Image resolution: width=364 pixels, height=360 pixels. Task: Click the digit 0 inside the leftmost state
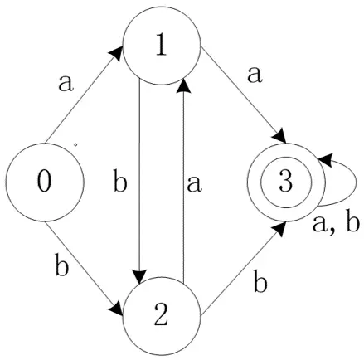(44, 182)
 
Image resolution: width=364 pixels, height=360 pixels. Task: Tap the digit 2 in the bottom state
(161, 316)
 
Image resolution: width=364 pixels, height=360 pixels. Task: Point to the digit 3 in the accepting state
(286, 182)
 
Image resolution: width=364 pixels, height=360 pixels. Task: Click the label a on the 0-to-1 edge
(66, 84)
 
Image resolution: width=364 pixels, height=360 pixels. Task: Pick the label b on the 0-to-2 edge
(61, 265)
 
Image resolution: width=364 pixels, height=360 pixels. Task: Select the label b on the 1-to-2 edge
(120, 182)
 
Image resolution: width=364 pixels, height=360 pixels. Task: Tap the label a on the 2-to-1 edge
(194, 184)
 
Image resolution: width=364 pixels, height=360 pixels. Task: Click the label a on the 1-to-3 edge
(255, 75)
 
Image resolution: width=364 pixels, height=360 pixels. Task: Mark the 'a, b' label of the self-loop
(336, 223)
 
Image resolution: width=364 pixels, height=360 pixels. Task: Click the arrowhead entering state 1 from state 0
(116, 53)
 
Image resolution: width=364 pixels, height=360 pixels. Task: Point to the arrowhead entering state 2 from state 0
(116, 309)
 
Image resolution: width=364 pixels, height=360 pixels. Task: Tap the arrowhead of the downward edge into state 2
(139, 277)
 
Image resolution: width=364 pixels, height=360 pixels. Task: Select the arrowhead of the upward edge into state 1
(183, 85)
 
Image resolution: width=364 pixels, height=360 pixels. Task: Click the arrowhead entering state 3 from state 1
(279, 136)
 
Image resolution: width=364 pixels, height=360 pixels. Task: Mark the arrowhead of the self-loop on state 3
(325, 160)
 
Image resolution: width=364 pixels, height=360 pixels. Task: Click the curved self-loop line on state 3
(357, 182)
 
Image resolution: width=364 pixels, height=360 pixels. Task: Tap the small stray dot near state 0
(75, 144)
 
